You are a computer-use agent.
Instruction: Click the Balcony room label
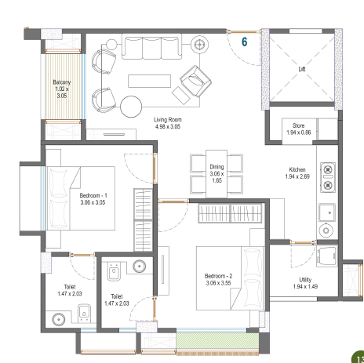click(62, 82)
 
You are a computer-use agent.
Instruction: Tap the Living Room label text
click(168, 120)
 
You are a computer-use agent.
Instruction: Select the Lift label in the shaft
click(302, 69)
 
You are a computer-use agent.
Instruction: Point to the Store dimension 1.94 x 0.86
click(299, 132)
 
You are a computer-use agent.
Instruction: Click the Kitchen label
click(297, 169)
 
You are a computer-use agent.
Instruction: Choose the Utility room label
click(305, 280)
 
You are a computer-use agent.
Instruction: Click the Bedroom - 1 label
click(93, 195)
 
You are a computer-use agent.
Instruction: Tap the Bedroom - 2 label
click(218, 276)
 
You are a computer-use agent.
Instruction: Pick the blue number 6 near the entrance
click(244, 42)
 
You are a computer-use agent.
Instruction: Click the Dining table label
click(217, 167)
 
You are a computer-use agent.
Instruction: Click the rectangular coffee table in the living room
click(149, 81)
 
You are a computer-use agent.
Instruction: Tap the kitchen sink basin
click(327, 212)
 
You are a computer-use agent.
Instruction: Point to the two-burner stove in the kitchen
click(328, 177)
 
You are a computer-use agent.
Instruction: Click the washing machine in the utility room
click(326, 256)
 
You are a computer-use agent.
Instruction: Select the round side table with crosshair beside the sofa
click(199, 45)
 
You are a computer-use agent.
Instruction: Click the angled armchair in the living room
click(195, 82)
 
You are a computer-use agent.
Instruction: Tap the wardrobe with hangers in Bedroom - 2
click(230, 213)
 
